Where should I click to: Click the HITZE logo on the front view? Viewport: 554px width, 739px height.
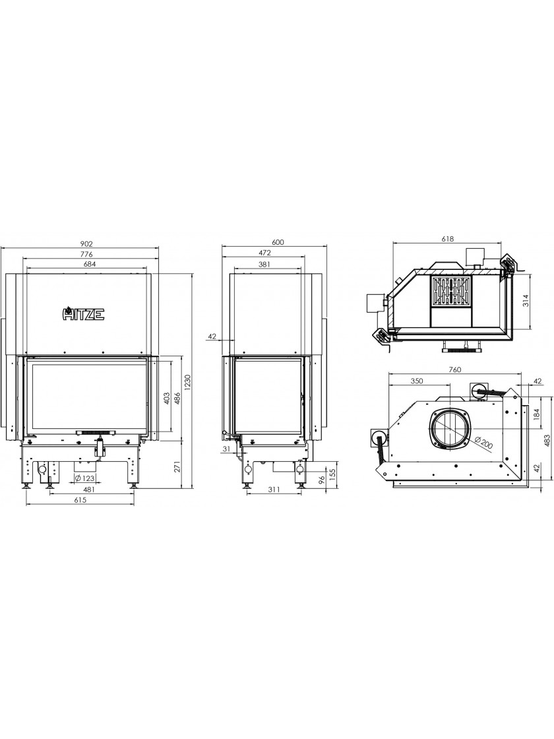(84, 314)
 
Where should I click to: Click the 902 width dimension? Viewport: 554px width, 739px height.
(86, 244)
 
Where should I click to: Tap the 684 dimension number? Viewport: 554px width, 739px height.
(90, 264)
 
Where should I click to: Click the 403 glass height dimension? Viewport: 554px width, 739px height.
(166, 399)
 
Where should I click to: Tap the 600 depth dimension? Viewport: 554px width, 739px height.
(278, 242)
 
